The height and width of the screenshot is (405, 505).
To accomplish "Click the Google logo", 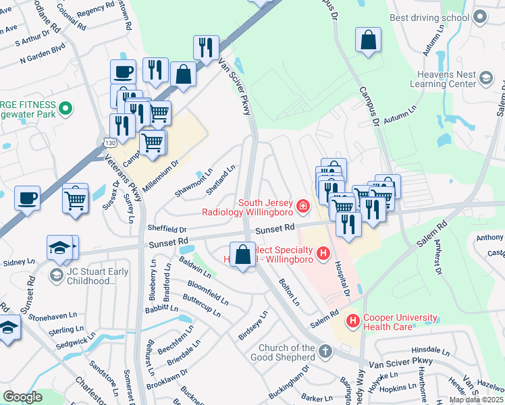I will (22, 397).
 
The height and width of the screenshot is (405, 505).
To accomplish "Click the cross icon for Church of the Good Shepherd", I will (325, 351).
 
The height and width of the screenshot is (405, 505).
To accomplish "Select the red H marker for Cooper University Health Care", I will (352, 319).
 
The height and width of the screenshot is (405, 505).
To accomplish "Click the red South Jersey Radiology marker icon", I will (304, 205).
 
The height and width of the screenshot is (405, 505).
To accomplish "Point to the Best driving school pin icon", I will (480, 17).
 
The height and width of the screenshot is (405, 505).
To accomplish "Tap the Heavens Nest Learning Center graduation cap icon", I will (486, 79).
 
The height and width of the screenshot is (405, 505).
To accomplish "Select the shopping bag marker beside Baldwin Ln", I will (243, 254).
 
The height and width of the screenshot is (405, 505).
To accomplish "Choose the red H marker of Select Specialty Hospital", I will (323, 254).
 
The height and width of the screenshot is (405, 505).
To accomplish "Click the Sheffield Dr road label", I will (167, 230).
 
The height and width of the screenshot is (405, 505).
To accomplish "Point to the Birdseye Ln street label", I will (253, 325).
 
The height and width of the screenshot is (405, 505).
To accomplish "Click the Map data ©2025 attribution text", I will (477, 400).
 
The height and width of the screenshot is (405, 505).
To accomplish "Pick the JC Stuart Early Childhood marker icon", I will (57, 273).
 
